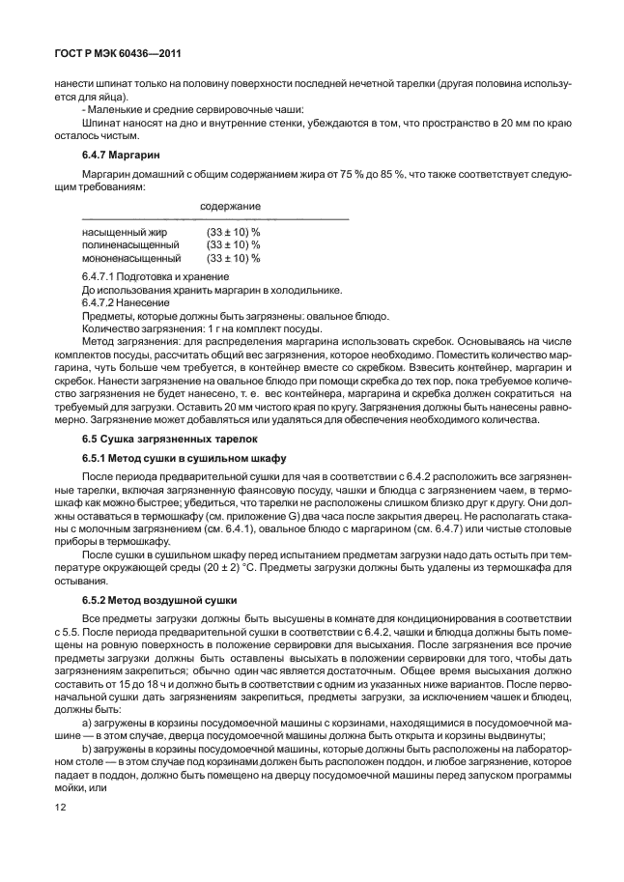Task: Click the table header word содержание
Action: click(x=230, y=207)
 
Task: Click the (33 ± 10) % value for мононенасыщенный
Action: click(x=233, y=259)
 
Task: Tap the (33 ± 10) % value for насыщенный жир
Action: click(x=233, y=233)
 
